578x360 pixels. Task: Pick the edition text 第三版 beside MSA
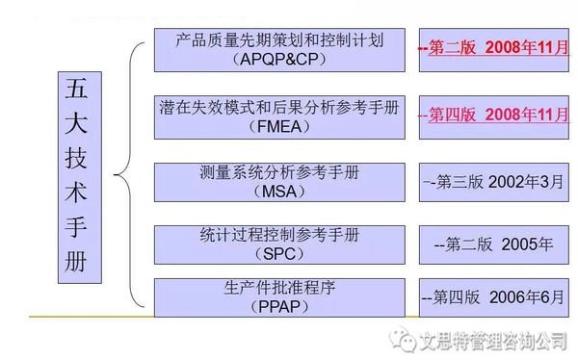[x=463, y=180]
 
